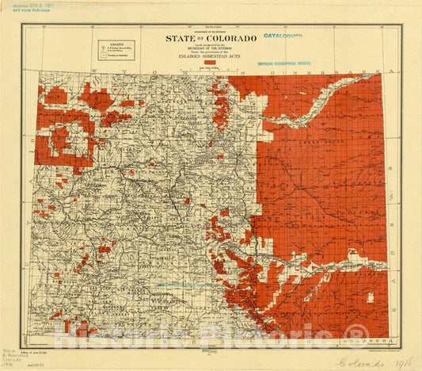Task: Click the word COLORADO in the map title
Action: point(230,38)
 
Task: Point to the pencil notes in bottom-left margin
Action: point(10,349)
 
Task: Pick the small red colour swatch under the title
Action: point(210,63)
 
